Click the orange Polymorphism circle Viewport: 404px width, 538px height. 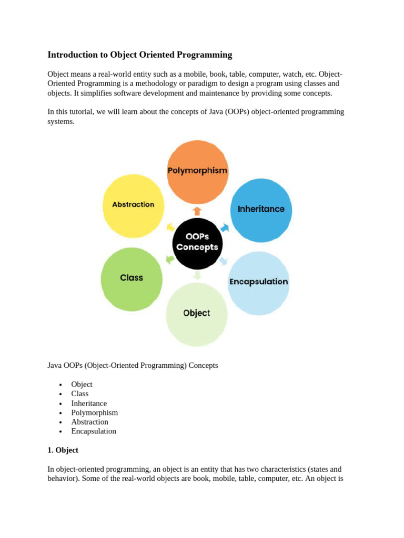(x=197, y=171)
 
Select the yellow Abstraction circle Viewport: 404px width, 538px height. (x=133, y=205)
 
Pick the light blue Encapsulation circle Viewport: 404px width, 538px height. (x=258, y=282)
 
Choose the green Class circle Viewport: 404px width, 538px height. (x=132, y=278)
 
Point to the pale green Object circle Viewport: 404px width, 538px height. (x=197, y=314)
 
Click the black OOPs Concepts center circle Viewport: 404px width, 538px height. (x=197, y=242)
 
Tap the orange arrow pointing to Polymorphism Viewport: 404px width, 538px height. (x=197, y=211)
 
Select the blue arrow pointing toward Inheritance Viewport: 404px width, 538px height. (x=225, y=227)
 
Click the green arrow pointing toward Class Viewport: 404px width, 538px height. (x=170, y=259)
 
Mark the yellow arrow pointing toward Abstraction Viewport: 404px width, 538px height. (x=170, y=227)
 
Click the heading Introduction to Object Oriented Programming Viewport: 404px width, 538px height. (x=139, y=55)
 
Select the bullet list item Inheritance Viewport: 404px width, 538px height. (x=89, y=403)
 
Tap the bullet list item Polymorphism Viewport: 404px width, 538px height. (x=95, y=413)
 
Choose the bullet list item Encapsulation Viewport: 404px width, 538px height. (x=94, y=431)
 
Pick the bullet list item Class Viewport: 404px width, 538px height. (x=80, y=394)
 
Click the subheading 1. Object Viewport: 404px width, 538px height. (x=63, y=450)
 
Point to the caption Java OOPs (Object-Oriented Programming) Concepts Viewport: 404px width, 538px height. (x=133, y=365)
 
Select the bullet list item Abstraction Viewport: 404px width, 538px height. (x=90, y=422)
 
